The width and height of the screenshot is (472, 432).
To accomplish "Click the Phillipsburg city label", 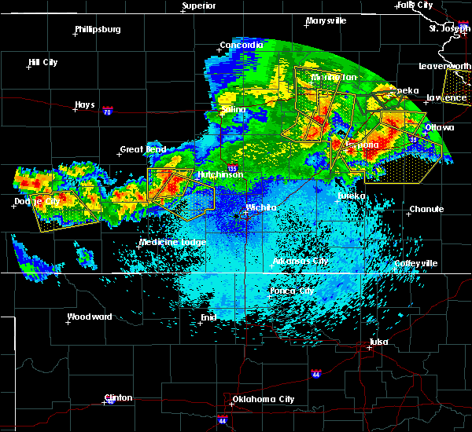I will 98,30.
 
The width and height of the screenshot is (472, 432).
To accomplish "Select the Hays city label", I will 84,104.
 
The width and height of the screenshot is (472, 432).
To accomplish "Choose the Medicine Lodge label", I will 172,242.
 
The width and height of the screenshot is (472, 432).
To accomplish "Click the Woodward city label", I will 90,317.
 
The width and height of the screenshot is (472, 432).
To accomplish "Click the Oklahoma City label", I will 264,399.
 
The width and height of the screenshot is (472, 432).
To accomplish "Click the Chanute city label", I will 426,209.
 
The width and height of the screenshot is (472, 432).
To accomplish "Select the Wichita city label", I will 261,207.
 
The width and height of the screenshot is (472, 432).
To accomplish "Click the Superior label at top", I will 198,6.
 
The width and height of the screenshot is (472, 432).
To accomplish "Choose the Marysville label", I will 326,20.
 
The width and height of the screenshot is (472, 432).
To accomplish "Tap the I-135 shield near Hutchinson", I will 232,167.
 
